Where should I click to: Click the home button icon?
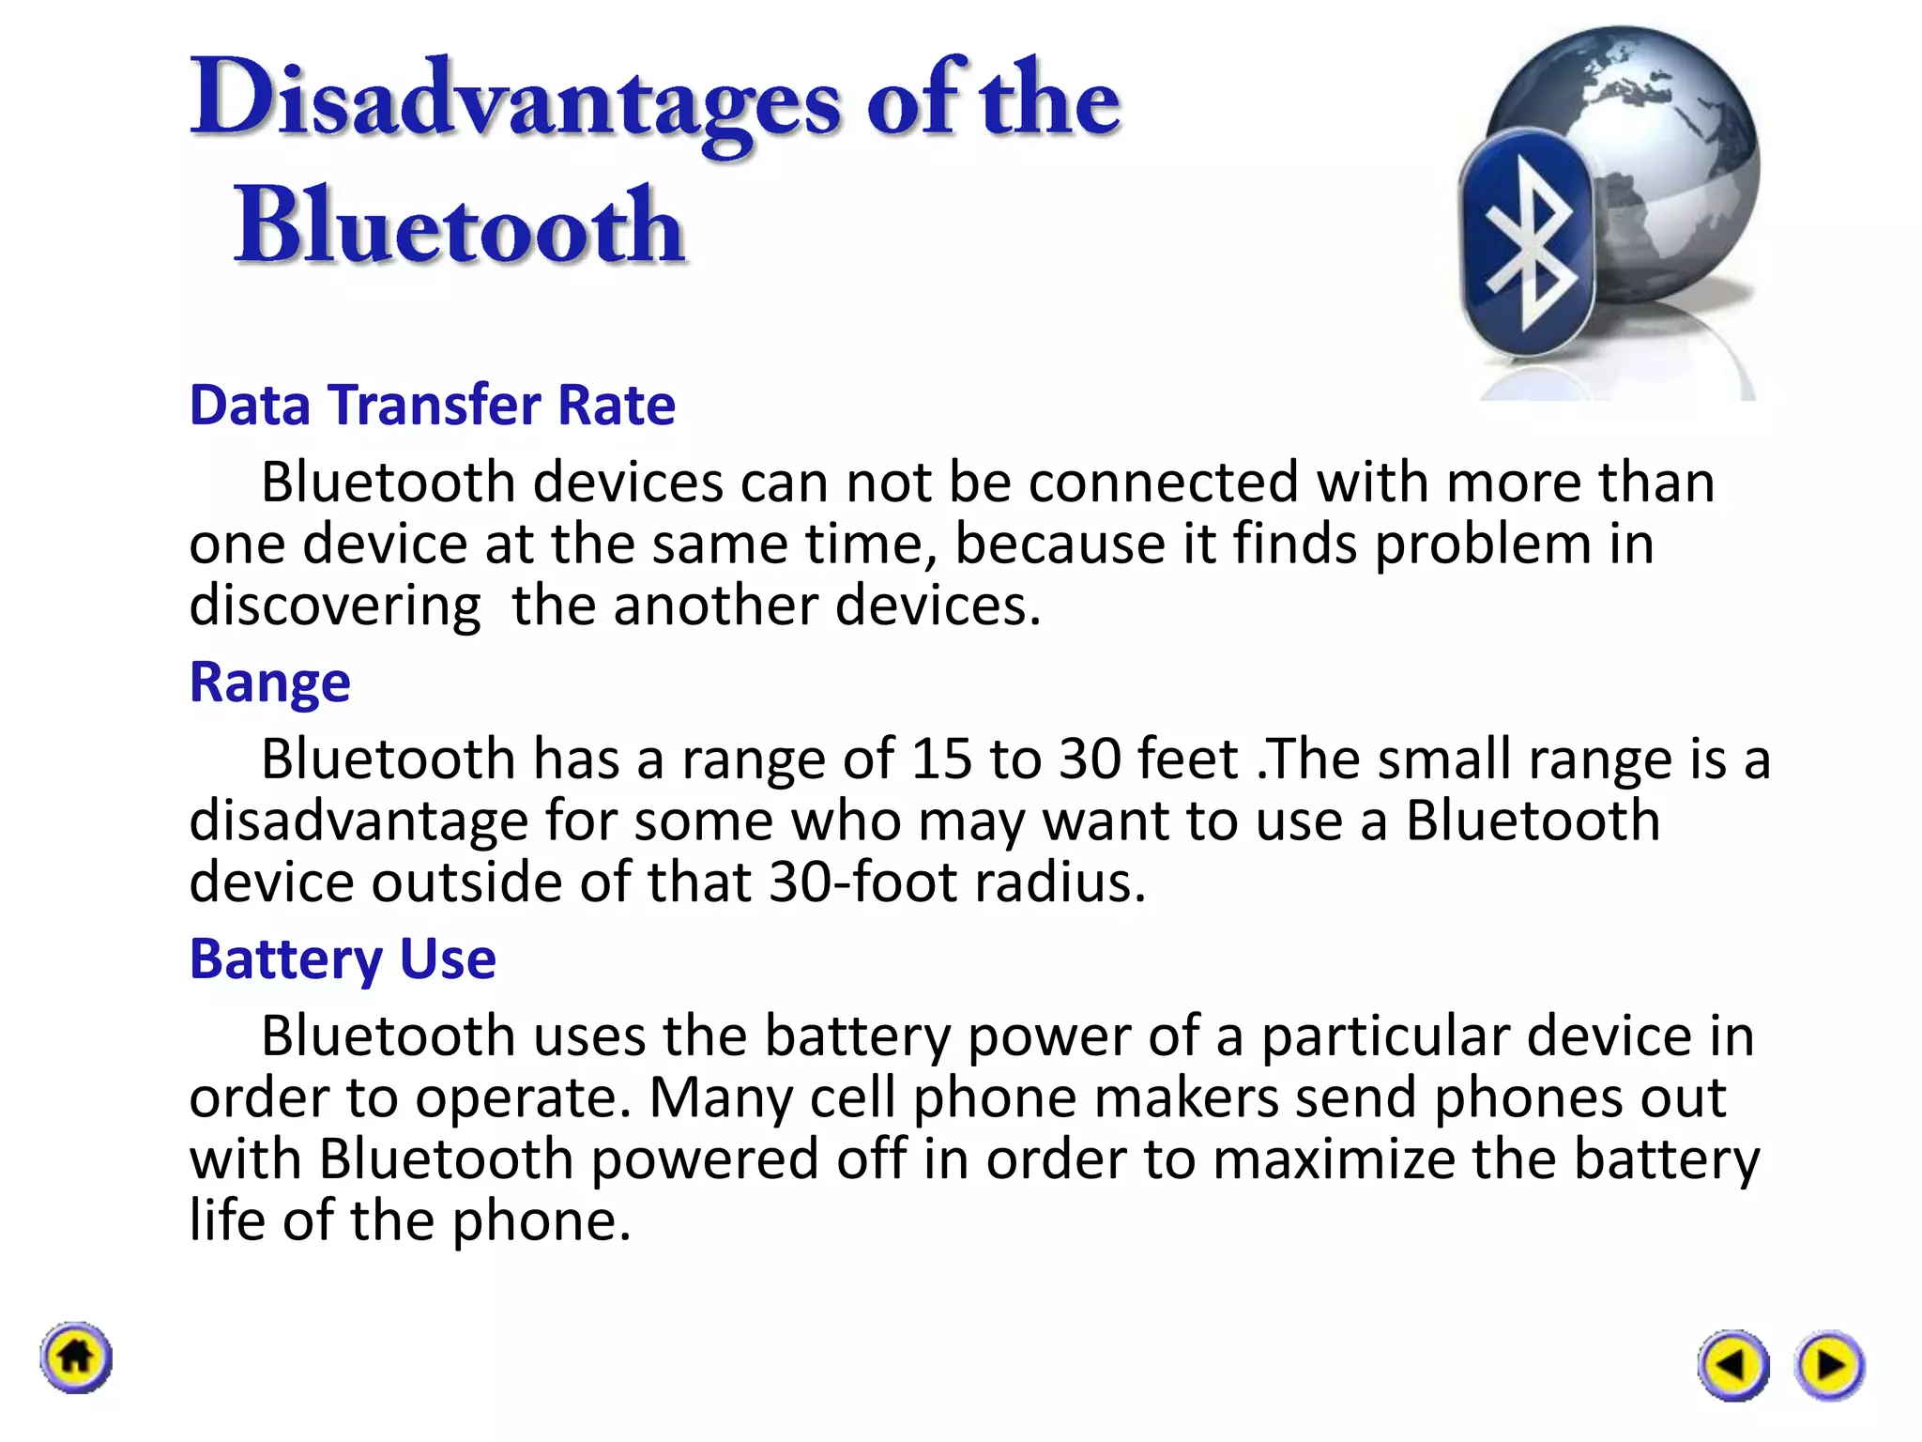(x=76, y=1358)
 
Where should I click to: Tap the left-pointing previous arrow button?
(x=1732, y=1364)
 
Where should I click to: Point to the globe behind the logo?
(x=1652, y=141)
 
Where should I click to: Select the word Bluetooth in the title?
(x=460, y=225)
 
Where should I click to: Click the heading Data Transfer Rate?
(x=433, y=405)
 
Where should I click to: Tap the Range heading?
(x=270, y=682)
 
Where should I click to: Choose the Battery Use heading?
(x=343, y=959)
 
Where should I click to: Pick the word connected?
(x=1163, y=483)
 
